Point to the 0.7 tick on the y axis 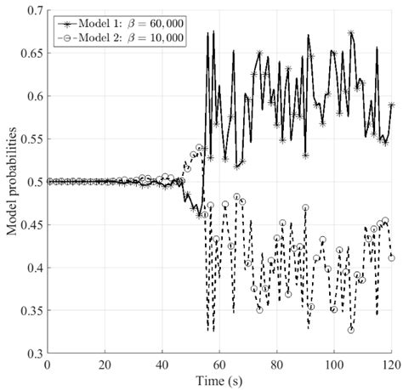[32, 10]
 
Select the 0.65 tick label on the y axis [30, 53]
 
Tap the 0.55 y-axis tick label [30, 138]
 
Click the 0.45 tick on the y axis [30, 225]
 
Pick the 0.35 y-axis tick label [30, 311]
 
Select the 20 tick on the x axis [104, 365]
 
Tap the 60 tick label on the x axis [219, 365]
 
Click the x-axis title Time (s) [219, 379]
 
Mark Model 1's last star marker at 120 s [391, 105]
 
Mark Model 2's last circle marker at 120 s [391, 257]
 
